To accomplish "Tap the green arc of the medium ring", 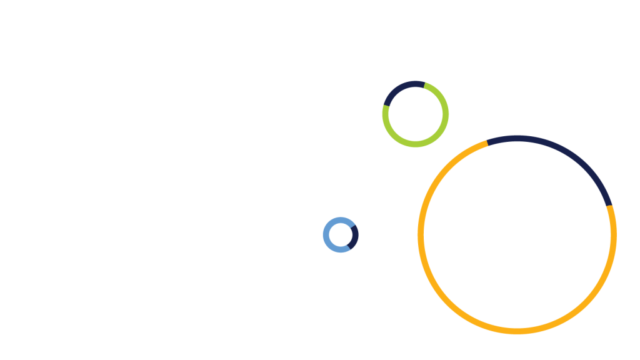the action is pos(437,134).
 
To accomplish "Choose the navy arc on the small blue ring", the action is pos(354,236).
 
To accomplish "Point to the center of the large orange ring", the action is pos(517,234).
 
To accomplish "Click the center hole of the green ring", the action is pos(416,114).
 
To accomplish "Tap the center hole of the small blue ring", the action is pos(341,235).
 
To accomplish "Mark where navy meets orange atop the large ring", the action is pos(487,142).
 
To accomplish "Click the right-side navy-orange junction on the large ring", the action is pos(609,205).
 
